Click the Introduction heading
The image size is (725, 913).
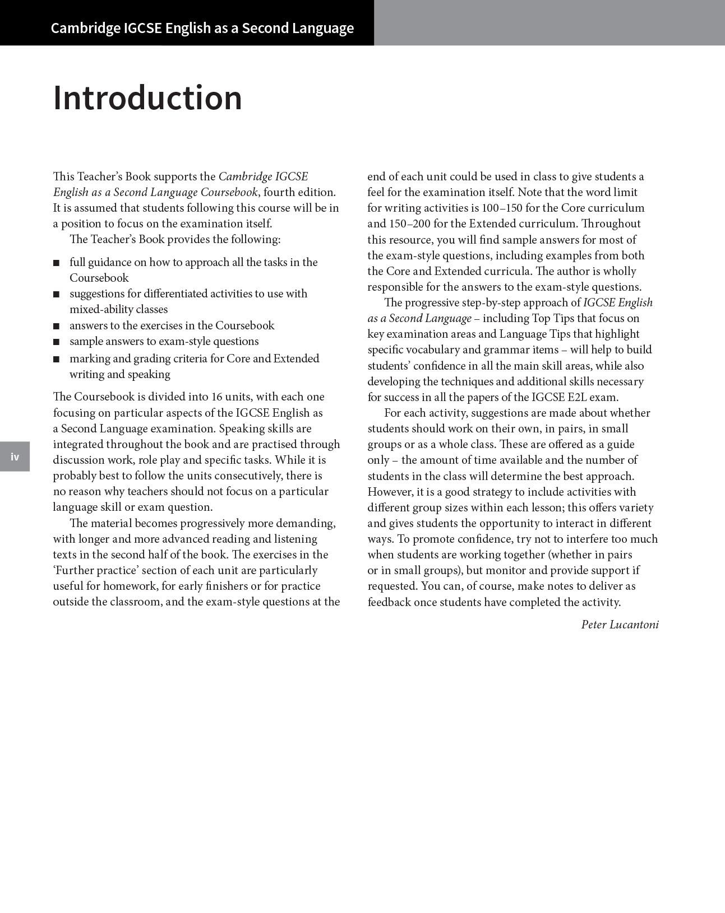(147, 98)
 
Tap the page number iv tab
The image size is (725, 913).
(15, 456)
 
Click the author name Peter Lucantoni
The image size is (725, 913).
(620, 625)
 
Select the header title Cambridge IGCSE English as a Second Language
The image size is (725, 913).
(202, 28)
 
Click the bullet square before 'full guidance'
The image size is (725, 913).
(56, 263)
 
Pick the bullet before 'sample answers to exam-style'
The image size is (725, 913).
(56, 342)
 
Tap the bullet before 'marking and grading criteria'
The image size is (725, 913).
(56, 359)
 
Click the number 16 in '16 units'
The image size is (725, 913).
(217, 397)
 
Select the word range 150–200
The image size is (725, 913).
(409, 223)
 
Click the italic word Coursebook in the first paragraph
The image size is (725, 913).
(229, 192)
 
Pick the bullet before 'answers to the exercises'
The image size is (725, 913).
(56, 326)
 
